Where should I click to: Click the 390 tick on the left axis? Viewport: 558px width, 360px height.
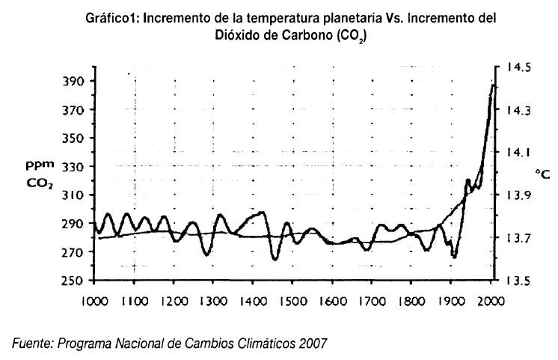point(77,81)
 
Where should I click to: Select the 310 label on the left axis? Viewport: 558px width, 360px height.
point(77,195)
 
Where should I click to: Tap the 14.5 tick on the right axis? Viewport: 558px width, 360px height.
point(518,67)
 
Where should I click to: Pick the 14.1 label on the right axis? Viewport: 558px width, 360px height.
point(518,152)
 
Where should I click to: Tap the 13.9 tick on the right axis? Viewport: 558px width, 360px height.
point(518,195)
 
